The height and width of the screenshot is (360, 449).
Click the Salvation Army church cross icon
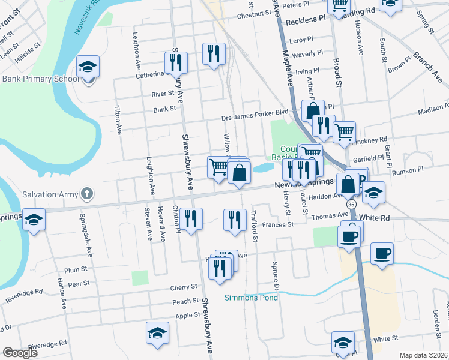(88, 194)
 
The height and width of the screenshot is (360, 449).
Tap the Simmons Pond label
(252, 298)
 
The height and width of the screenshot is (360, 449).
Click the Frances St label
(277, 224)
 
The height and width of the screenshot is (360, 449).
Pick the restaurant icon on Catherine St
(176, 62)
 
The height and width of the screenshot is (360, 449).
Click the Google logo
(20, 353)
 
